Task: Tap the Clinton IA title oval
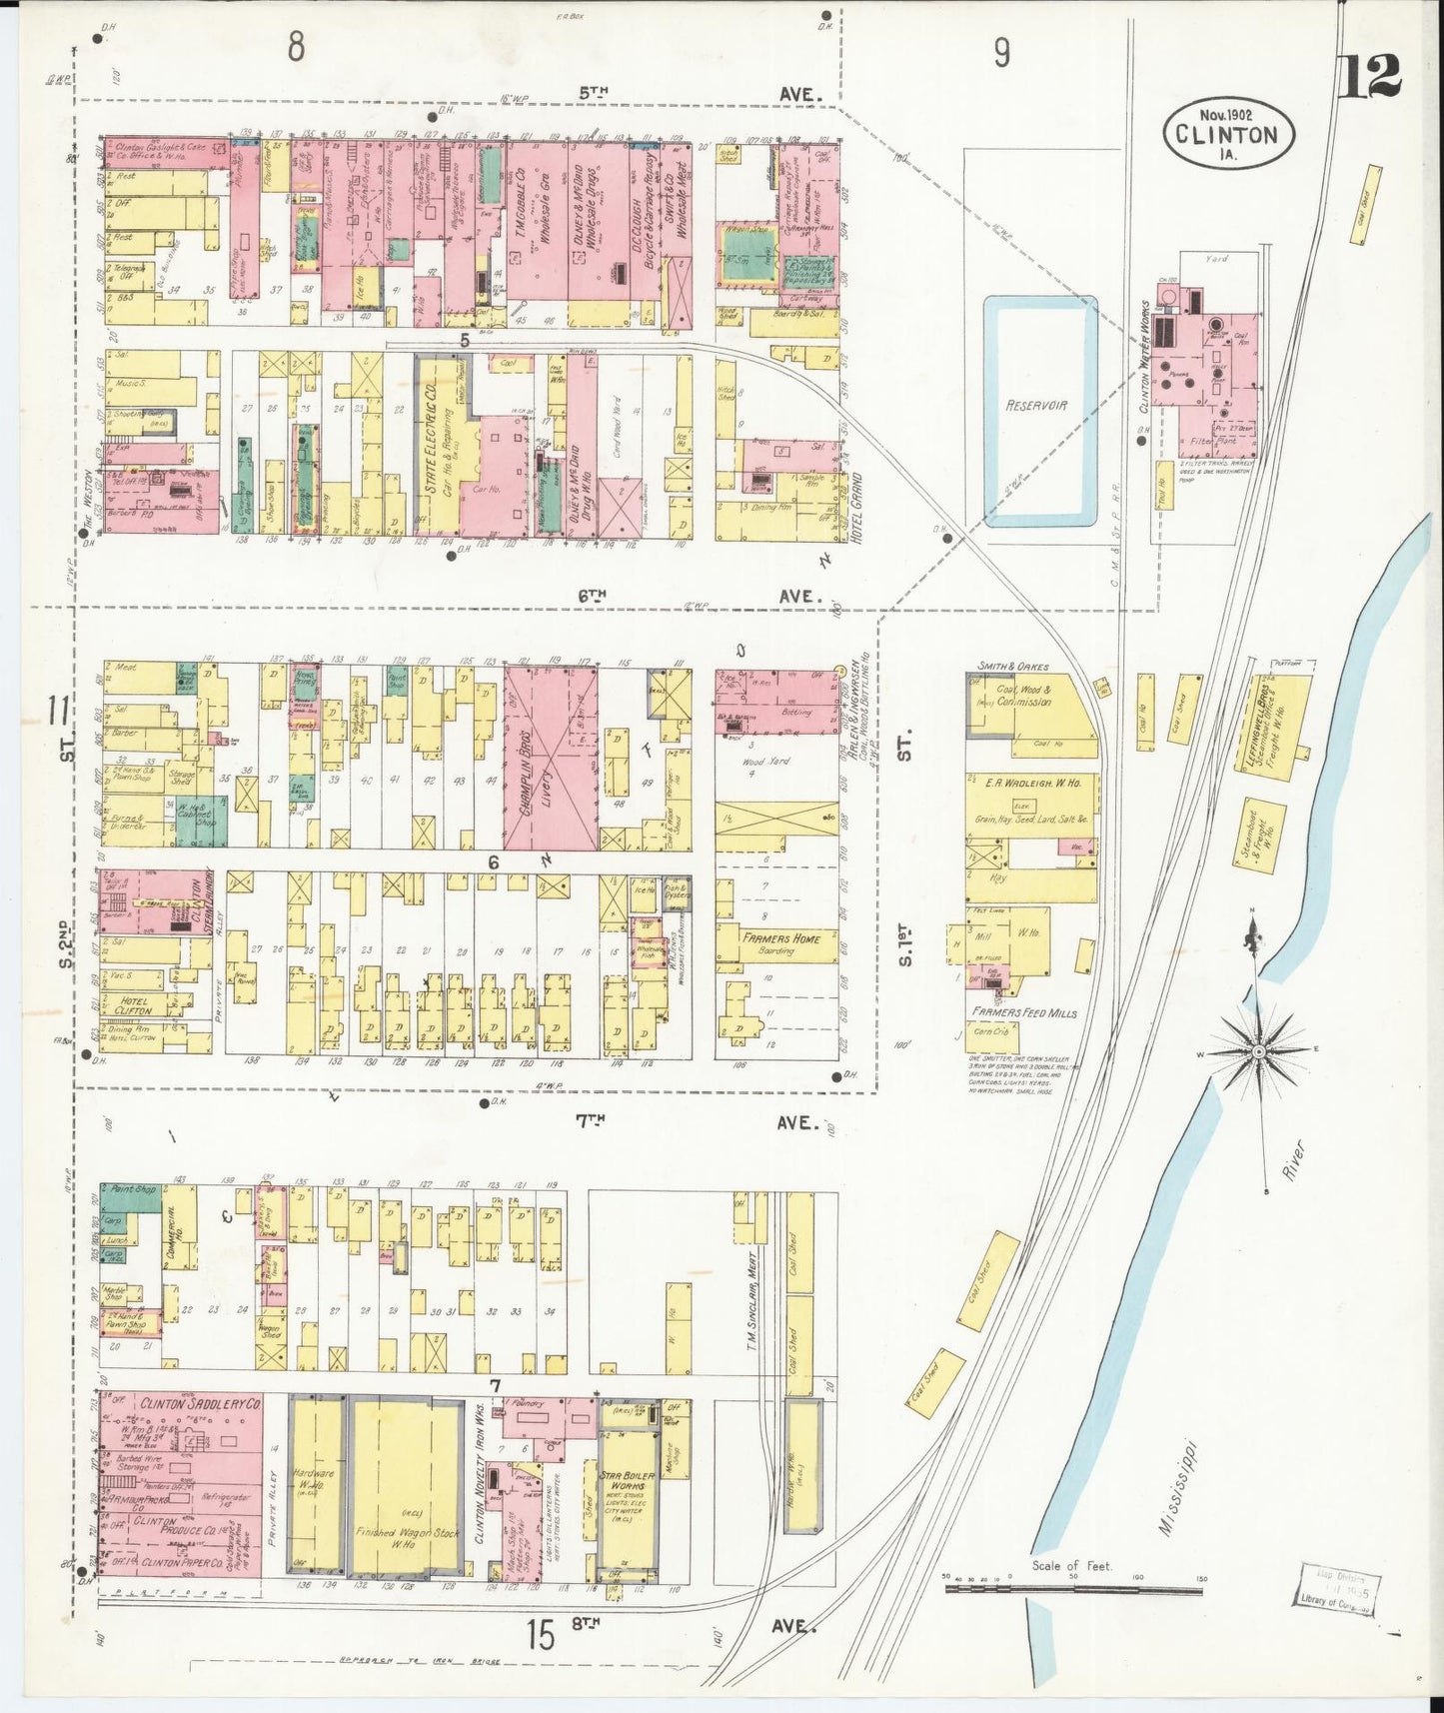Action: pos(1227,131)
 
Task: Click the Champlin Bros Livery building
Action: pos(550,757)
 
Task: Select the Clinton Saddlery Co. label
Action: pos(200,1404)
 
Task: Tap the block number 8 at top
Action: pos(296,46)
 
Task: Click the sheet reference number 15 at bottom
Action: pos(541,1636)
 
